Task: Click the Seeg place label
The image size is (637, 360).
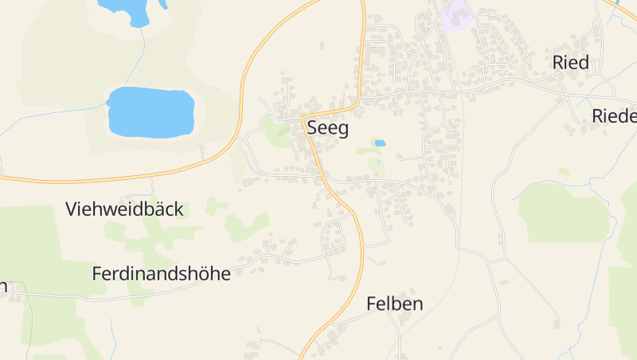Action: [x=327, y=128]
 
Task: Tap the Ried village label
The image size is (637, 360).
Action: [x=570, y=63]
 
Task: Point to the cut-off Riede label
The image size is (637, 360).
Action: [x=615, y=116]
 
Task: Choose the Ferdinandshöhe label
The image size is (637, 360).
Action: [x=161, y=274]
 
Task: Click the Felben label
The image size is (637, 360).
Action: [x=394, y=303]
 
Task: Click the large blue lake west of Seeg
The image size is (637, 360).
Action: [x=150, y=111]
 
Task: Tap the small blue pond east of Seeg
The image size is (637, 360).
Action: [x=380, y=143]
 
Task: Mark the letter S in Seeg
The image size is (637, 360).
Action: [x=312, y=128]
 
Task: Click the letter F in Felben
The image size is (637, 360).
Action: [x=371, y=303]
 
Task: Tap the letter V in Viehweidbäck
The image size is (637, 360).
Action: [x=72, y=209]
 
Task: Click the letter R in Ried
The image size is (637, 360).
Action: [x=558, y=63]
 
